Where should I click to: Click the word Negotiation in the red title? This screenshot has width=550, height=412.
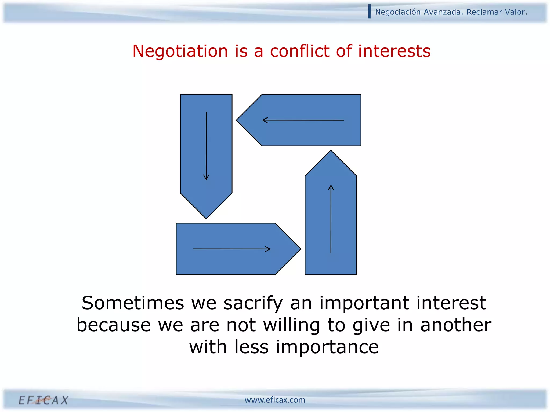[x=180, y=51]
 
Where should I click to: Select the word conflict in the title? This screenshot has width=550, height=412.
[x=299, y=51]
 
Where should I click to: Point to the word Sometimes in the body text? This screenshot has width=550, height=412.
[x=133, y=303]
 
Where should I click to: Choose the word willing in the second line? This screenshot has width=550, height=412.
[x=291, y=325]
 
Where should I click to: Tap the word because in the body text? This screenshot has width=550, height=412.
[x=114, y=325]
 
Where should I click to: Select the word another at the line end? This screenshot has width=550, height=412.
[x=456, y=325]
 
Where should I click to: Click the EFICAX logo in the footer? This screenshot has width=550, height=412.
[x=44, y=400]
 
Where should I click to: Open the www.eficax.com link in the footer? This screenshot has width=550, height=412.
[x=275, y=400]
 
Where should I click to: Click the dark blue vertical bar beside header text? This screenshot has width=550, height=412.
[x=370, y=12]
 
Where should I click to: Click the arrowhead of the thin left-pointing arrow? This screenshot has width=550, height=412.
[x=264, y=120]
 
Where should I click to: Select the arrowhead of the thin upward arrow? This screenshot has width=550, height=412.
[x=331, y=186]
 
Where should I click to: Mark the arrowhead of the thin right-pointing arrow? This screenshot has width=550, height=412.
[x=269, y=249]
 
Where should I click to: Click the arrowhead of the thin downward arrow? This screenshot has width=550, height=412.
[x=206, y=178]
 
